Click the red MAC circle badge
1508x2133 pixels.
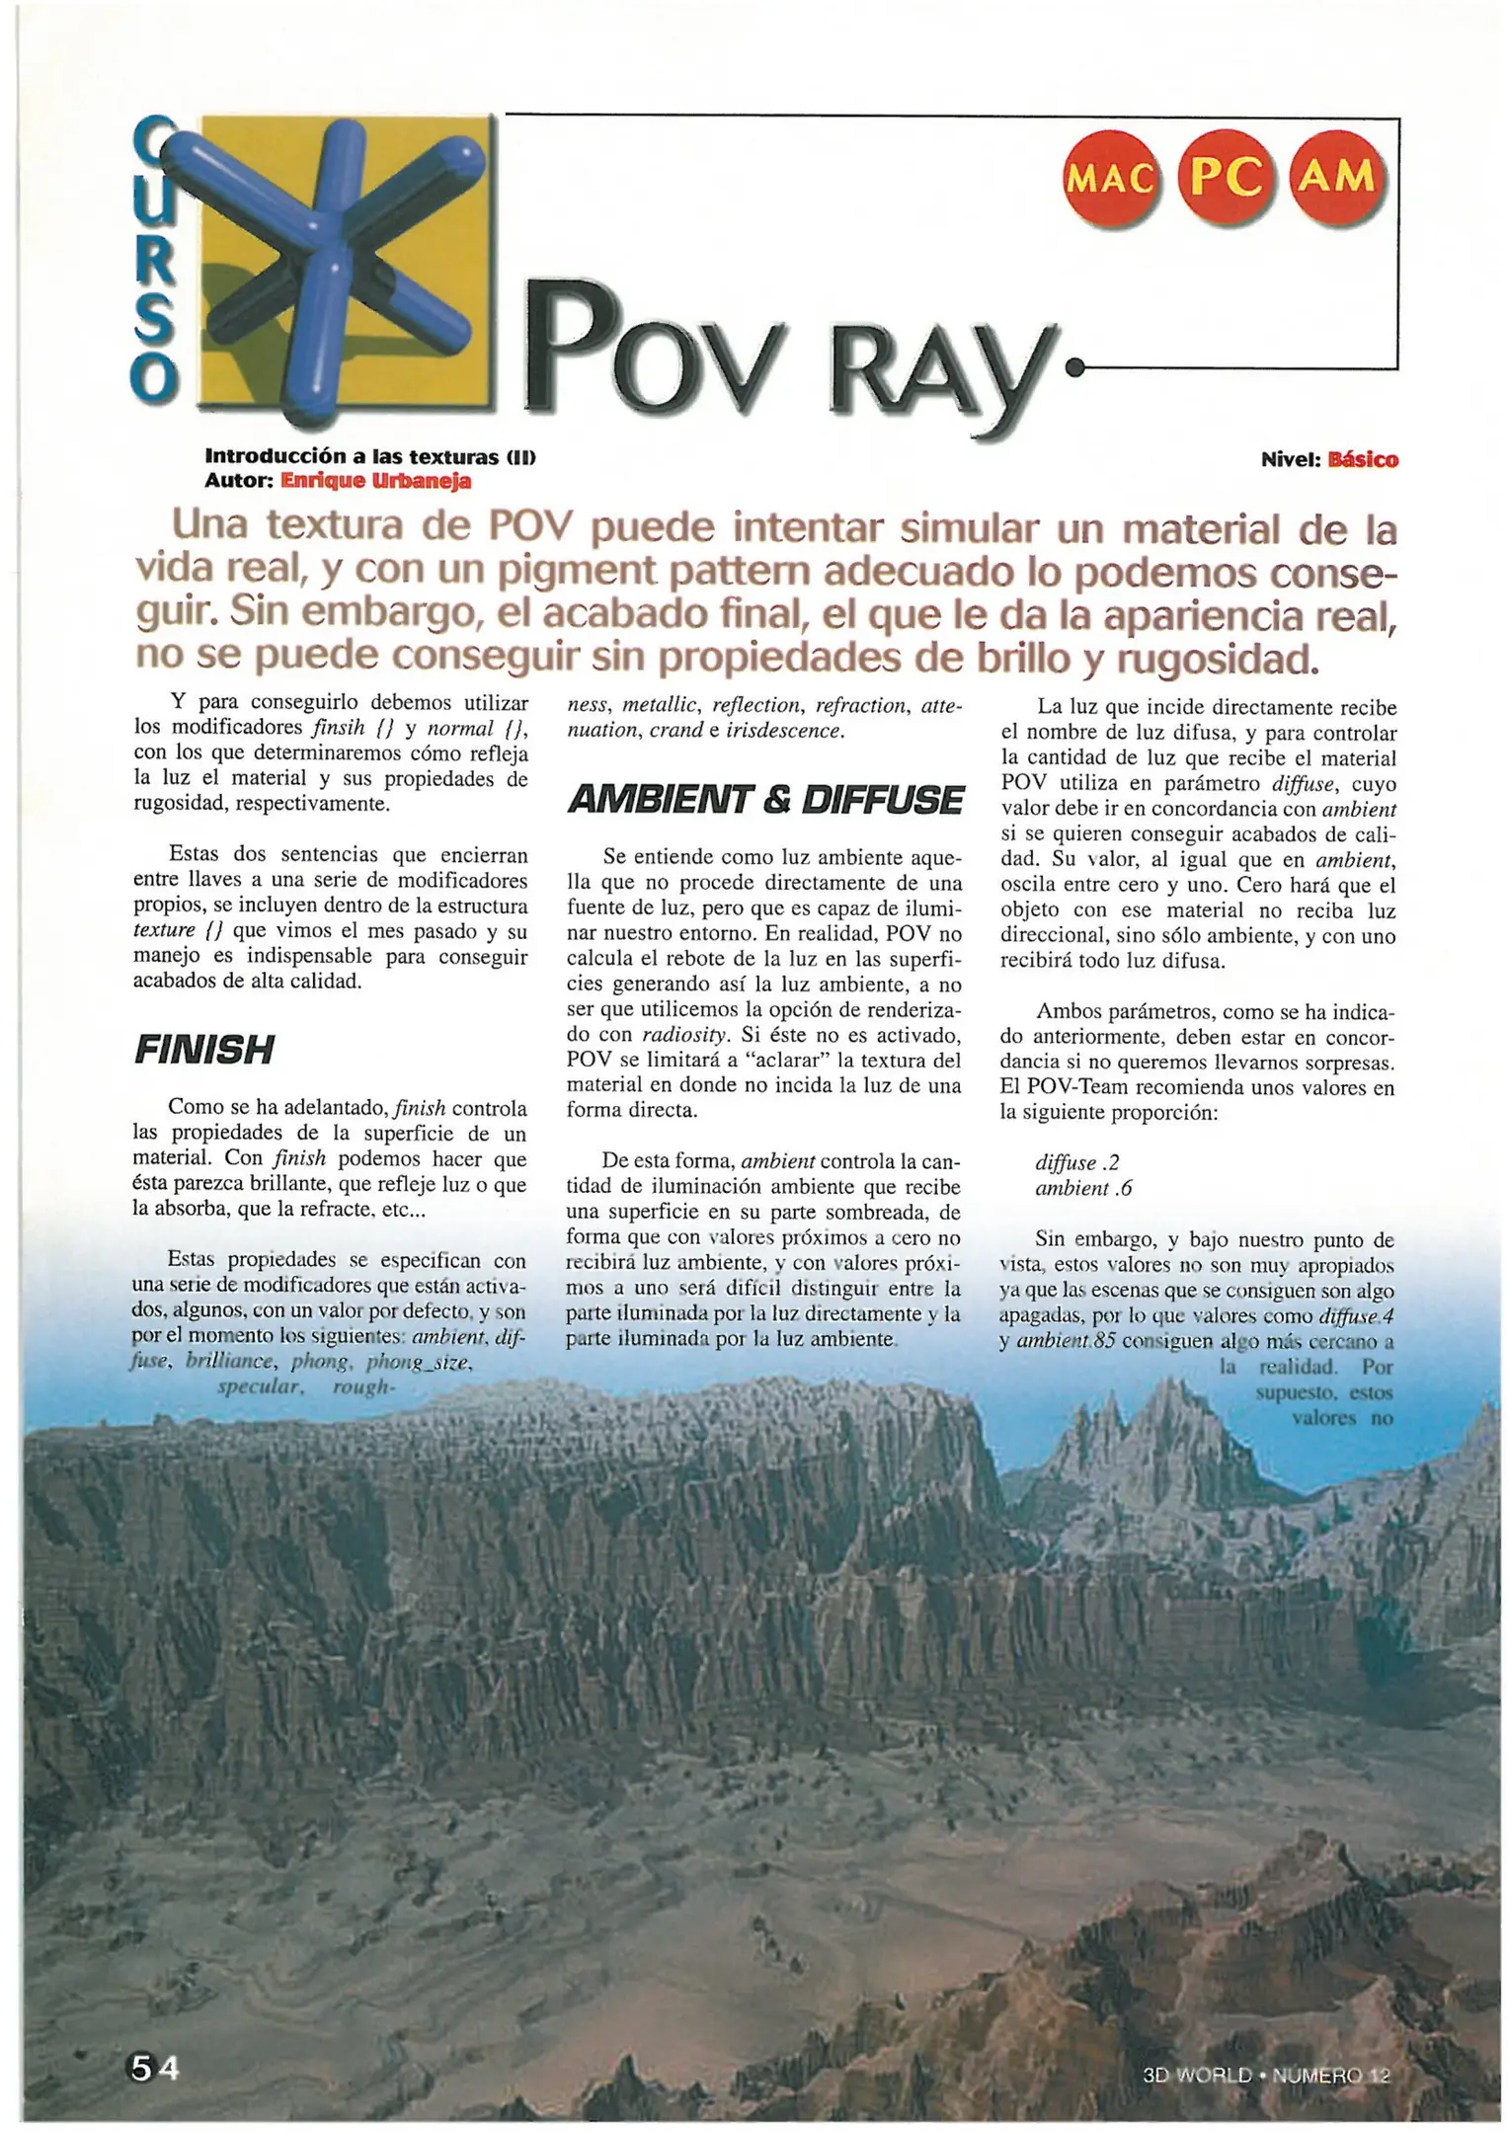coord(1110,180)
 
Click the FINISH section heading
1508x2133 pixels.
coord(203,1050)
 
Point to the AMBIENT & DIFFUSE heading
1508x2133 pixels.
coord(765,800)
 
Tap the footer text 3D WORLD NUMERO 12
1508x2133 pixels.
coord(1266,2076)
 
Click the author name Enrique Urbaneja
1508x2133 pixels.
coord(375,481)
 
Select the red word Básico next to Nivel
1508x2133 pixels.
coord(1363,460)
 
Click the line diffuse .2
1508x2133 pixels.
coord(1076,1163)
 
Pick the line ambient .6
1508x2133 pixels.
coord(1082,1189)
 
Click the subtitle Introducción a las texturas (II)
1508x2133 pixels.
coord(369,456)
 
